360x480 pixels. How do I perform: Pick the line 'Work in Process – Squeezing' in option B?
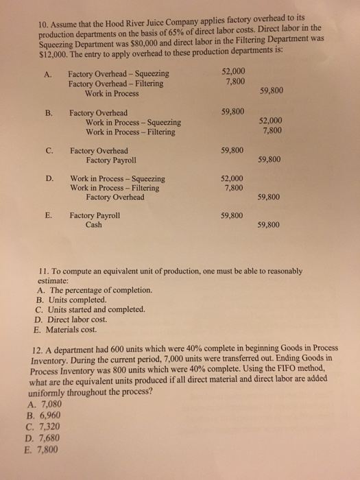tap(133, 122)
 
